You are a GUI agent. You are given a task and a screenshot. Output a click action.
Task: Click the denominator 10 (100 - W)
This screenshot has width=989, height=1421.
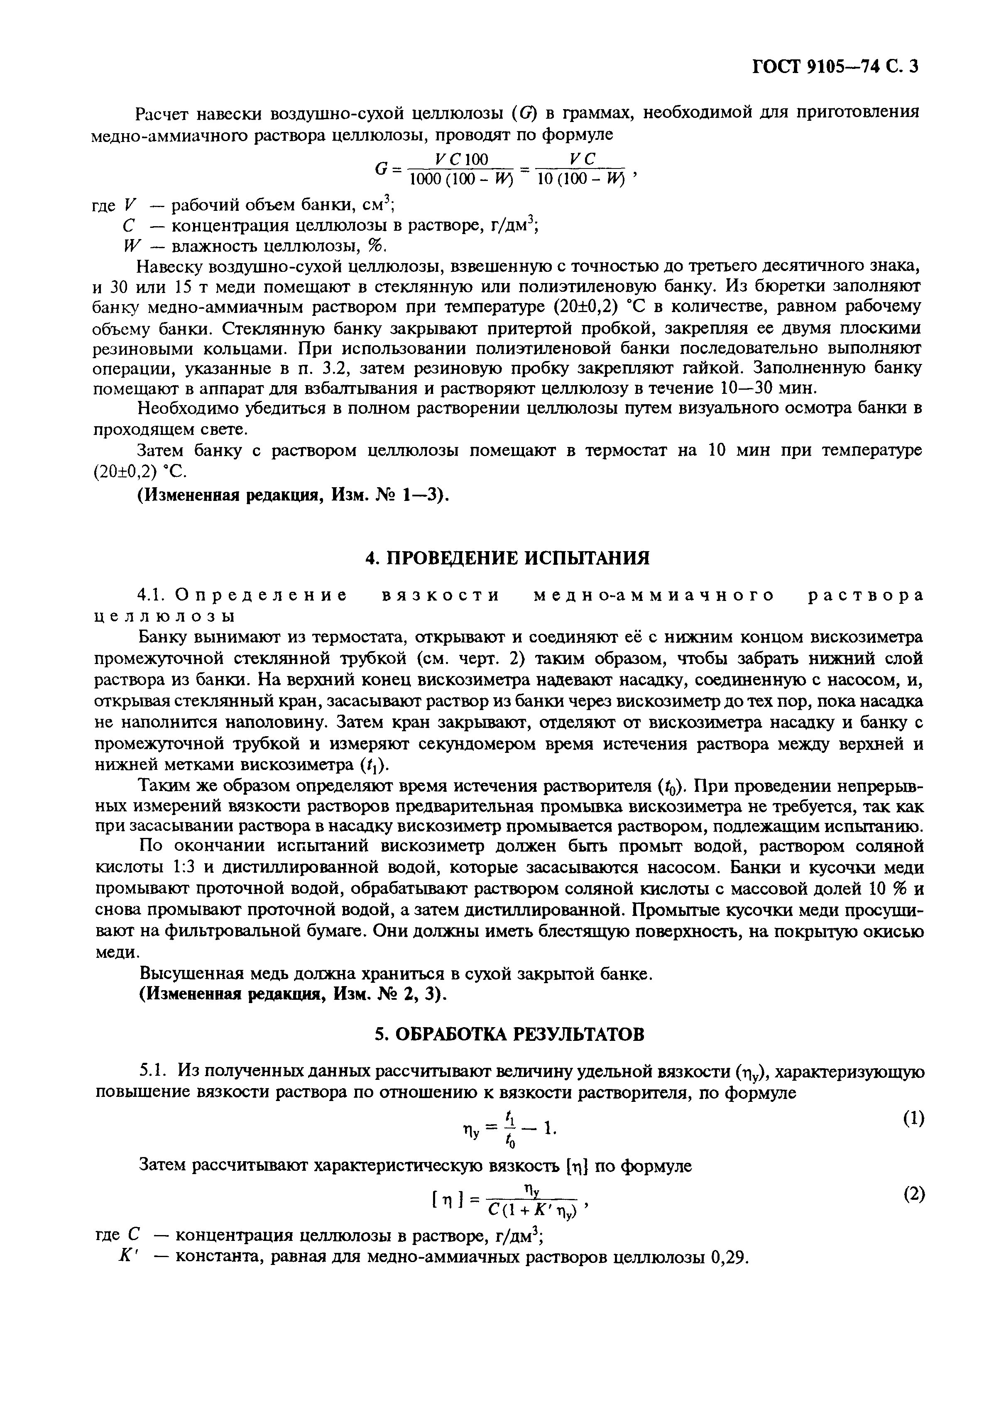(x=581, y=179)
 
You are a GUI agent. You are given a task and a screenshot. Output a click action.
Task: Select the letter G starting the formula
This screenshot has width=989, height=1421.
(x=382, y=169)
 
